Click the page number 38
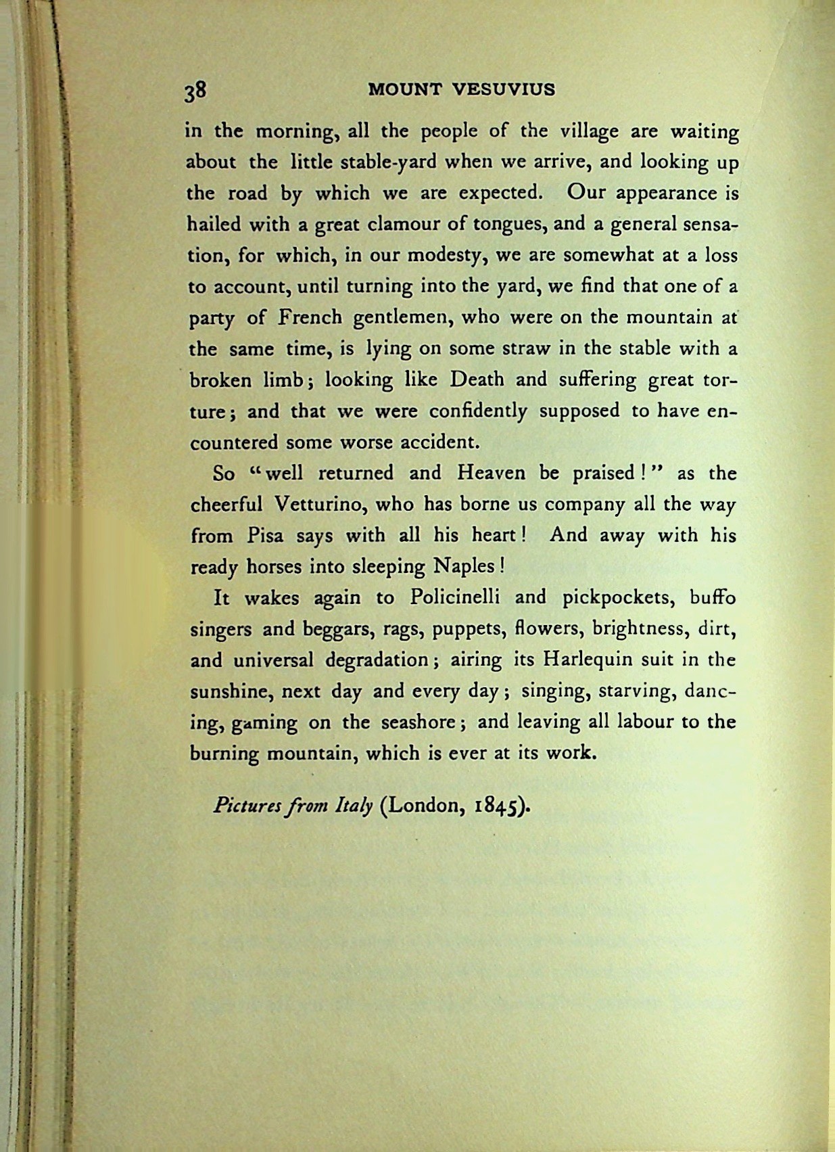tap(196, 91)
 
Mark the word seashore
tap(416, 722)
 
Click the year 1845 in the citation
tap(496, 806)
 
